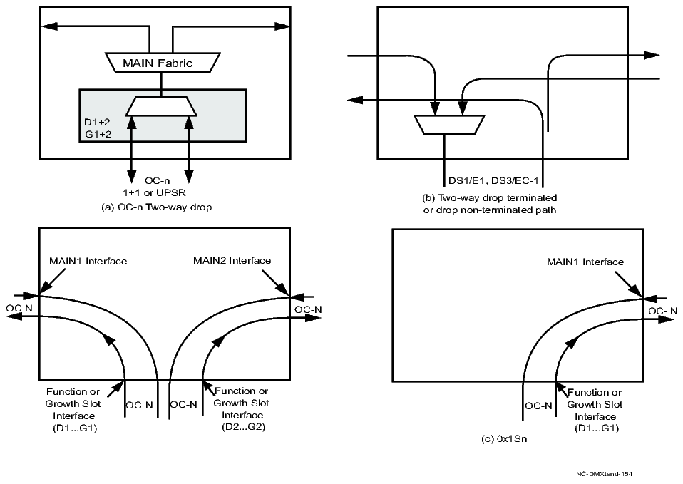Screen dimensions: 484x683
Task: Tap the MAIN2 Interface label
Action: coord(232,261)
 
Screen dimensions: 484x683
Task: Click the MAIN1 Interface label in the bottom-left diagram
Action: coord(88,261)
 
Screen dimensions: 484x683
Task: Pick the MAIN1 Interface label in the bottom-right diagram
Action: coord(585,262)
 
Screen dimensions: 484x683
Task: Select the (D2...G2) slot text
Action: coord(244,428)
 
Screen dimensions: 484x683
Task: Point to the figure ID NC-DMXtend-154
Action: coord(605,473)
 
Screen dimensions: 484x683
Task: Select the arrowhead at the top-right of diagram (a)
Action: coord(284,26)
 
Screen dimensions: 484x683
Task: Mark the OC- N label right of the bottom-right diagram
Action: coord(662,311)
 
